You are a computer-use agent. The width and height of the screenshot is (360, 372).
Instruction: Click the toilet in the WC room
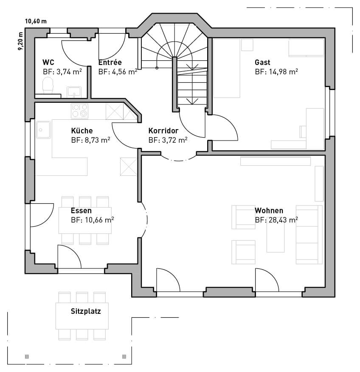point(48,85)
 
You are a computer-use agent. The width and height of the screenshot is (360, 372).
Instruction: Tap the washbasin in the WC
point(74,92)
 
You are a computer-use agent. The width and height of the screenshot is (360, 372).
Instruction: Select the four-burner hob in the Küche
point(79,111)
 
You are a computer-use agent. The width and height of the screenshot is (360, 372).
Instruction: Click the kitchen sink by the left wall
point(43,130)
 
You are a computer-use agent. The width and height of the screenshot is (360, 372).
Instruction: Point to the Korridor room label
point(163,131)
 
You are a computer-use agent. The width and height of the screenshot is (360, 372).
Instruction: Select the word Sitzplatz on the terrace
point(86,311)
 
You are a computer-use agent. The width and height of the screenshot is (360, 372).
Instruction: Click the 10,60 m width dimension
point(36,21)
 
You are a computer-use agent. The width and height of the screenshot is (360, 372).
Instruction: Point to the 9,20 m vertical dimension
point(20,41)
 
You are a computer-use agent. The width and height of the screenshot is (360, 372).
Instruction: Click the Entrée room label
point(110,62)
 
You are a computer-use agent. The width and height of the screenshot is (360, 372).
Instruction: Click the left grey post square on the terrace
point(27,357)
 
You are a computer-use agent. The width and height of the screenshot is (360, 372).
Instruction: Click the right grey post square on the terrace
point(124,357)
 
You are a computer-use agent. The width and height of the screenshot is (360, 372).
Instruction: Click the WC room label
point(48,62)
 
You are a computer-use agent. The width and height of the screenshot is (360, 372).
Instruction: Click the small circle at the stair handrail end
point(157,68)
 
